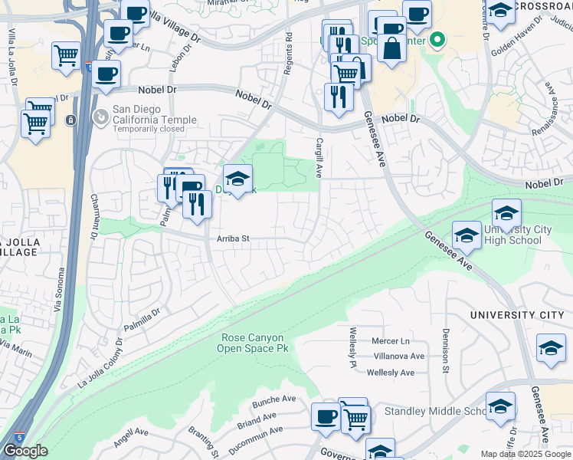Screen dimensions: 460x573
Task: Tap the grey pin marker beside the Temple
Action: (x=100, y=117)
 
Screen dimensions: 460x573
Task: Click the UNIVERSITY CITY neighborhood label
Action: (x=516, y=315)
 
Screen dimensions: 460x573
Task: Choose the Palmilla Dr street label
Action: (x=139, y=317)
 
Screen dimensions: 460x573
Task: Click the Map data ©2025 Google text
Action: (x=526, y=454)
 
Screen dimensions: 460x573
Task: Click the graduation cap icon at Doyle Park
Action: (x=238, y=179)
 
